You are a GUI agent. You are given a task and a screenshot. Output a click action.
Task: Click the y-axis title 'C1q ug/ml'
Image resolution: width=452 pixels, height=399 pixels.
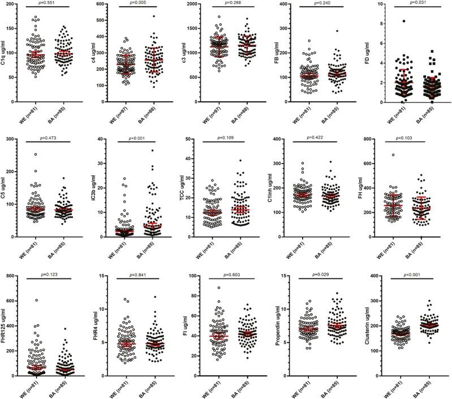click(5, 54)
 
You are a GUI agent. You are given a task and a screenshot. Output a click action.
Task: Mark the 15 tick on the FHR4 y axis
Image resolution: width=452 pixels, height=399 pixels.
click(106, 276)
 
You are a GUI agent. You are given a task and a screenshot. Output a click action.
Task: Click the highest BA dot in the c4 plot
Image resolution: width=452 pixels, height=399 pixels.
click(153, 16)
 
